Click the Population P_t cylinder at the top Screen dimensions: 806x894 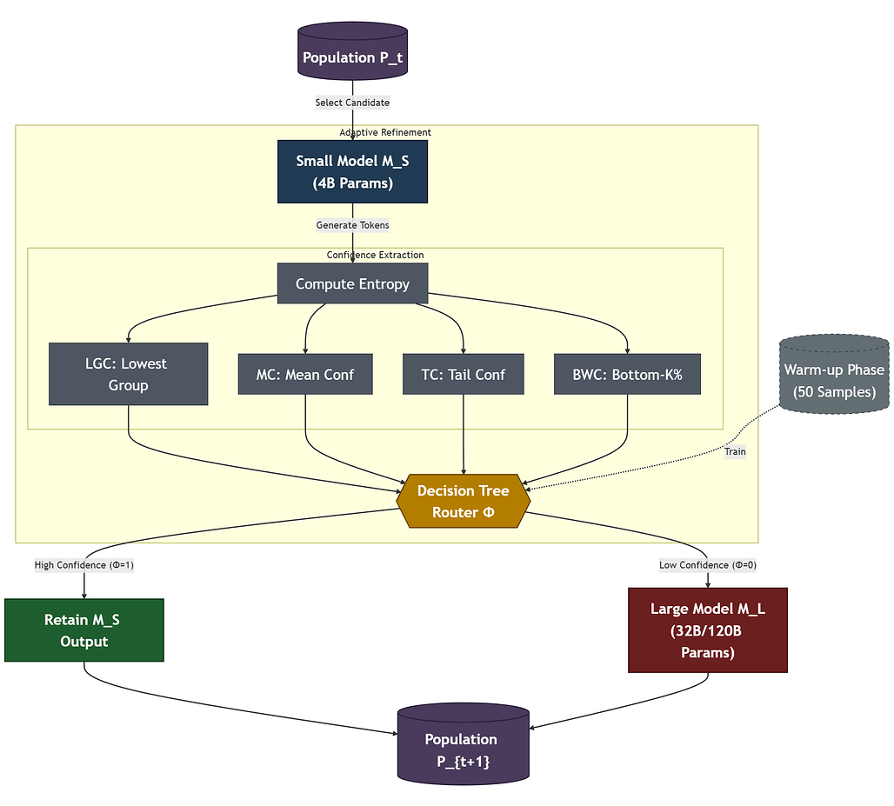(352, 53)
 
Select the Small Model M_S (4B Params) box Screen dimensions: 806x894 (352, 172)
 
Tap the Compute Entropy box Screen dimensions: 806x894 (352, 283)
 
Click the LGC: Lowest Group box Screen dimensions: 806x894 (128, 374)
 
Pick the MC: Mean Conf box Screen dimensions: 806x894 (305, 375)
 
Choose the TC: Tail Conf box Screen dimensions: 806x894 (463, 375)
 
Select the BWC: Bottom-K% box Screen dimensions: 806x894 (627, 375)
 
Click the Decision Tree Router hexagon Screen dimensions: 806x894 (463, 502)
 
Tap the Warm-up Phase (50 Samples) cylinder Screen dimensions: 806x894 (834, 375)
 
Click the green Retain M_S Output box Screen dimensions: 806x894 (83, 630)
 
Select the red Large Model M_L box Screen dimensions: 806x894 (707, 630)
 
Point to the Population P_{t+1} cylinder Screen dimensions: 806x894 (463, 745)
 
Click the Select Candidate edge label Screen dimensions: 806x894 (352, 103)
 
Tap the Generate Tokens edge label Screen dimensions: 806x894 (352, 225)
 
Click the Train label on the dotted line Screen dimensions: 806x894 (735, 451)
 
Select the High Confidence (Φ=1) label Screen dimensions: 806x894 (83, 565)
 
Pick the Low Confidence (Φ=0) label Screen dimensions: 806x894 (707, 565)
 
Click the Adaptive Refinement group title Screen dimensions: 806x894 (385, 132)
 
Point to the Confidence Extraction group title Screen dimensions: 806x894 (375, 255)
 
